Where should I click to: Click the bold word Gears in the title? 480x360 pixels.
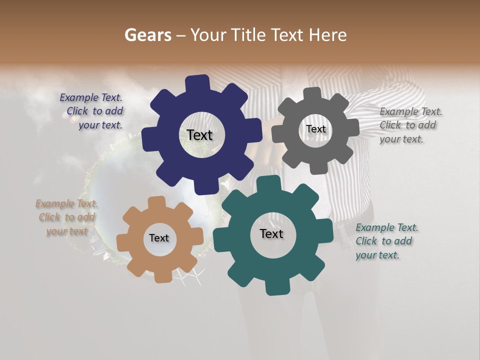click(x=147, y=35)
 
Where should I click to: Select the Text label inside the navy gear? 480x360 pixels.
click(x=199, y=135)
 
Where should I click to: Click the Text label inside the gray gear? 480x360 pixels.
click(x=315, y=129)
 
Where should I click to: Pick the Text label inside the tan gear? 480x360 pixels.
click(x=159, y=238)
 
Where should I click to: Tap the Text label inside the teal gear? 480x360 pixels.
click(x=271, y=233)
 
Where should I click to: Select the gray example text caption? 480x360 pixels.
click(x=410, y=125)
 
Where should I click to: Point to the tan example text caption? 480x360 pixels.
click(x=66, y=217)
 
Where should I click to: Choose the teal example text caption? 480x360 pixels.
click(x=386, y=241)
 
